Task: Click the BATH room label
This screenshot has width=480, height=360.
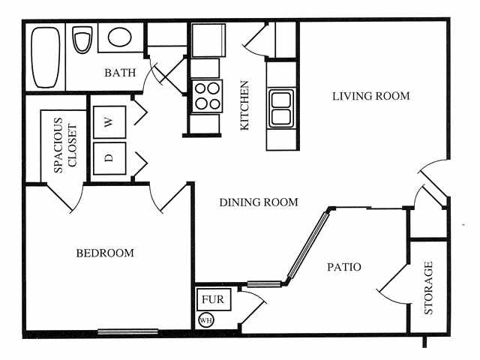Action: click(x=120, y=73)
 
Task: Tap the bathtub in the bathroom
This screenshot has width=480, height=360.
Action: click(x=46, y=56)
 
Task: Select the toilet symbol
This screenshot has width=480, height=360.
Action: click(x=81, y=40)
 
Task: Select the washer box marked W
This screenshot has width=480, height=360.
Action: click(x=109, y=122)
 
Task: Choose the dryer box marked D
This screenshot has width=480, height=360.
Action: click(x=109, y=159)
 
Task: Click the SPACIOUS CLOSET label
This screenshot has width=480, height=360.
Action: click(x=66, y=145)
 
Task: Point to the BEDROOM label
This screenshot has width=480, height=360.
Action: click(x=105, y=253)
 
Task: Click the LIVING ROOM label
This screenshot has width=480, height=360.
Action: click(x=370, y=96)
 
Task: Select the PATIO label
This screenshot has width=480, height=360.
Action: click(x=345, y=267)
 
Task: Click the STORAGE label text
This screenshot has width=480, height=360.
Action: click(x=429, y=288)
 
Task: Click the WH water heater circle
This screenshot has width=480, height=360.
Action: click(x=205, y=321)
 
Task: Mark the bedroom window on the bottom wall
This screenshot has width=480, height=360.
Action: click(x=127, y=331)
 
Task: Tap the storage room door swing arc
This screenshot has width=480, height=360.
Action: click(x=390, y=289)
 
